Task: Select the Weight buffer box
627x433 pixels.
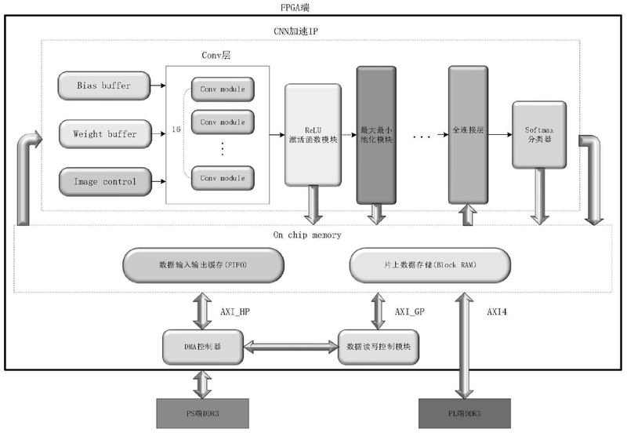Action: point(104,134)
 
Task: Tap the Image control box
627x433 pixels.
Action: point(104,182)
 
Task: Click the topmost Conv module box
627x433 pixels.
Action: point(222,89)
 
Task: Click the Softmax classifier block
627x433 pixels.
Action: point(539,134)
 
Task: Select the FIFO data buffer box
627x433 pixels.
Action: point(201,265)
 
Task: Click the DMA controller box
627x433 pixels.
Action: point(201,346)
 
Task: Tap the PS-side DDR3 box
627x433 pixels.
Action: point(201,411)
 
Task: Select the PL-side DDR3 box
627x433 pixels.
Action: point(466,411)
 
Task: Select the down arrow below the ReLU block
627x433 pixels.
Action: point(313,206)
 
